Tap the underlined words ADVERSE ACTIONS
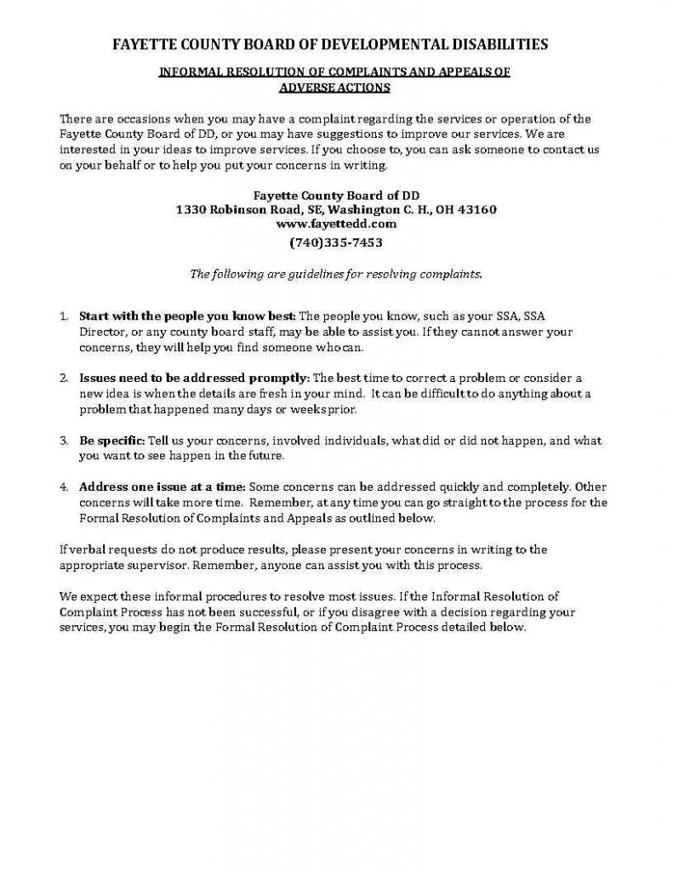coord(335,87)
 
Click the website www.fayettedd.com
coord(336,225)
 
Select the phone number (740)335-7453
coord(336,242)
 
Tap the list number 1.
coord(64,316)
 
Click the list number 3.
coord(64,441)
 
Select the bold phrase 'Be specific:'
coord(112,441)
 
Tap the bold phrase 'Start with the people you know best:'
coord(187,316)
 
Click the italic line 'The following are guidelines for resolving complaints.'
coord(336,274)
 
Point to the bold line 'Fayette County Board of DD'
coord(336,194)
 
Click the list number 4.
coord(64,488)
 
